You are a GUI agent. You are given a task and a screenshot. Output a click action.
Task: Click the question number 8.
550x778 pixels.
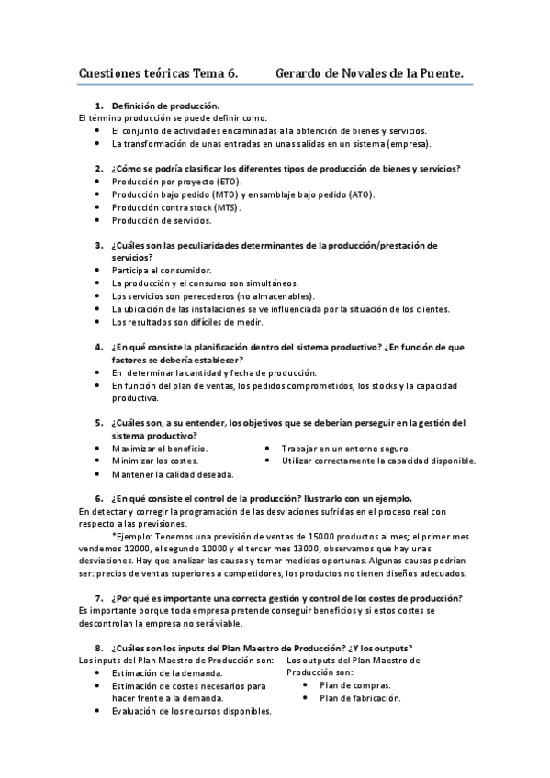coord(98,648)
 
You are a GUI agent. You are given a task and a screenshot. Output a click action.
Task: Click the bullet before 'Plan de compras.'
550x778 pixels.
coord(305,684)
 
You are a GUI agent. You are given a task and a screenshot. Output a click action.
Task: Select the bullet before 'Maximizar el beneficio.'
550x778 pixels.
coord(98,448)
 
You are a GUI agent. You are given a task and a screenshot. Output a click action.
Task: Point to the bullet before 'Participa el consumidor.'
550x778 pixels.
coord(98,271)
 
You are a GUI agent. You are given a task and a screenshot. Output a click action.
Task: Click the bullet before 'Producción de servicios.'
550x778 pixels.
coord(98,220)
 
